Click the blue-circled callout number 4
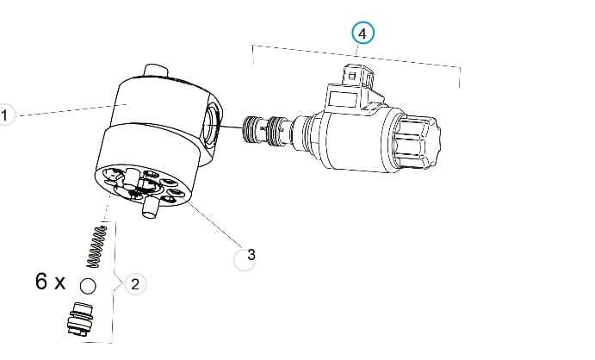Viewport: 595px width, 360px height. click(363, 33)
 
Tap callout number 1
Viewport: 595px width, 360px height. click(4, 115)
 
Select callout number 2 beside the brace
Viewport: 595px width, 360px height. click(135, 283)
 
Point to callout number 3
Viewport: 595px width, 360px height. click(245, 259)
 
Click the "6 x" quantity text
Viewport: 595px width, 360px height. click(50, 282)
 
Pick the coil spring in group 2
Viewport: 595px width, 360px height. click(96, 246)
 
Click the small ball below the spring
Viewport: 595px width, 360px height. click(88, 286)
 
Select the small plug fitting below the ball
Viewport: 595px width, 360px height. click(80, 319)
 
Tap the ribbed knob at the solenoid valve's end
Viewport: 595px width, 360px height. click(417, 141)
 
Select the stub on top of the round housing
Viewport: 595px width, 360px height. click(156, 71)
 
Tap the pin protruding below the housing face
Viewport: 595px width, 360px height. click(150, 208)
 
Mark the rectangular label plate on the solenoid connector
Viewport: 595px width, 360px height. click(343, 99)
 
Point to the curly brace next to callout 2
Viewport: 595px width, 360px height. click(115, 282)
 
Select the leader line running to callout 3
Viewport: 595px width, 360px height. click(213, 220)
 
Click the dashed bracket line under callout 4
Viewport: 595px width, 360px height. click(356, 57)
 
